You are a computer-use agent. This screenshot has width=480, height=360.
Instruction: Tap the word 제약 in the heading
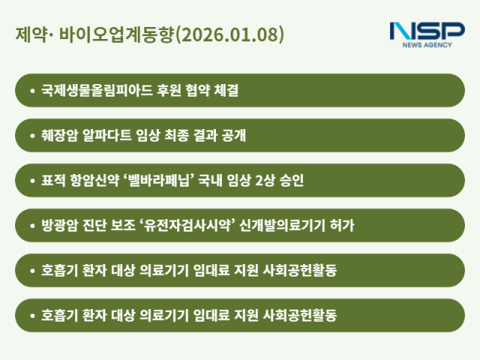[x=29, y=35]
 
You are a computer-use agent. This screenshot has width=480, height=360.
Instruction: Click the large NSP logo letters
[x=427, y=31]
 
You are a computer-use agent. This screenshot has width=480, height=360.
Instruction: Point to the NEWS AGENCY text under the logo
[x=427, y=46]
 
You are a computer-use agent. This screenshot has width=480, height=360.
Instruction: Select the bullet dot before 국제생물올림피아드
[x=32, y=91]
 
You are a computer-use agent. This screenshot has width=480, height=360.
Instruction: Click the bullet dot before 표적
[x=32, y=181]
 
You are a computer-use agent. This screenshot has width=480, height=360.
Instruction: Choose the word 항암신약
[x=100, y=181]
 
